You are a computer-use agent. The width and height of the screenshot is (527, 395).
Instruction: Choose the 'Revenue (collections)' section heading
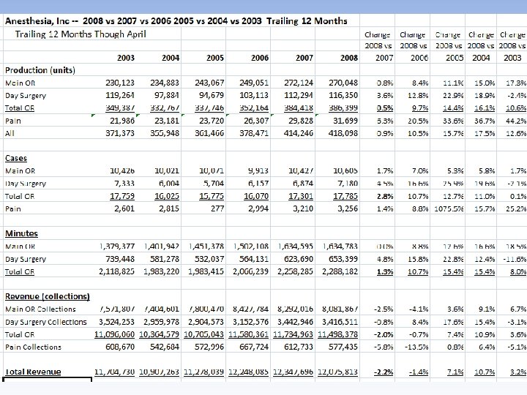click(x=48, y=297)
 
